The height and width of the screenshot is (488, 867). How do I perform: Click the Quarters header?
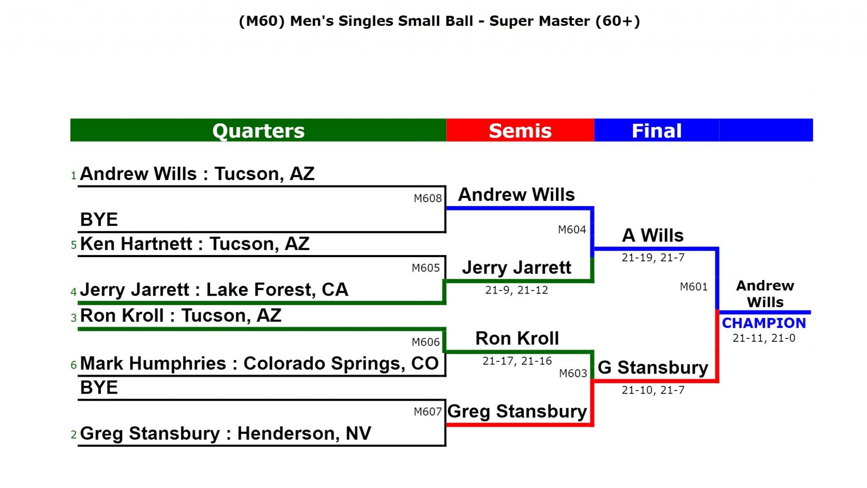258,130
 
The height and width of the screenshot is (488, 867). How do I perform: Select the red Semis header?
520,130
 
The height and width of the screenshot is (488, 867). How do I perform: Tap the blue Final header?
657,130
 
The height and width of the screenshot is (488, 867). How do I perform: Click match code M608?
428,198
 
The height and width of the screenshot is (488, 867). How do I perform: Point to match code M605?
426,268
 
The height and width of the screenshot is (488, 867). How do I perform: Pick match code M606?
426,342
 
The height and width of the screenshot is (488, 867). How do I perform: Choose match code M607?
428,411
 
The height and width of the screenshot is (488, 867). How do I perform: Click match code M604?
572,230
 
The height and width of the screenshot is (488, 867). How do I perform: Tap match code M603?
573,373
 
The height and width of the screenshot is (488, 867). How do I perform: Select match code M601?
694,287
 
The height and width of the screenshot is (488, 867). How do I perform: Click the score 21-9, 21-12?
516,290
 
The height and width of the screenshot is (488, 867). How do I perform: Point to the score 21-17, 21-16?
517,361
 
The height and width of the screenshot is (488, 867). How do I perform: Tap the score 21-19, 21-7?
653,258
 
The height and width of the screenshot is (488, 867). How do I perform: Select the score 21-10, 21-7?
653,390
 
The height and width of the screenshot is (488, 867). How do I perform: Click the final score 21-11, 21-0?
764,338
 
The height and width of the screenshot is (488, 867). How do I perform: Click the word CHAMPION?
764,323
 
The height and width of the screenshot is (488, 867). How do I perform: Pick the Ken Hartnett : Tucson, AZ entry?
195,244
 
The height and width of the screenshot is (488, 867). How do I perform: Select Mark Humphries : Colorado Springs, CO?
259,363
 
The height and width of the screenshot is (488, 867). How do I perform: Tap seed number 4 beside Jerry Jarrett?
74,292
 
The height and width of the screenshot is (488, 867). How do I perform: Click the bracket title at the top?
439,21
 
